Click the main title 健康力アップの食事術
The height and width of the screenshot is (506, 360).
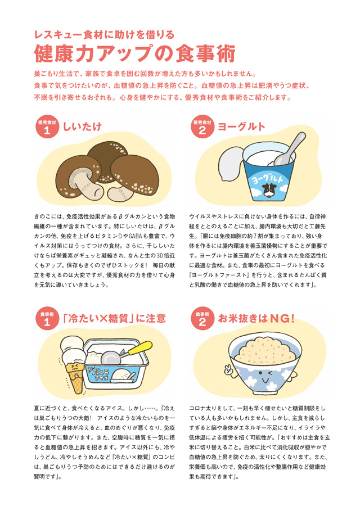tap(134, 53)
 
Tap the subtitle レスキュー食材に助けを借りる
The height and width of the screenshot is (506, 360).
tap(104, 34)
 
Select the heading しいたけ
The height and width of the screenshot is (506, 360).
tap(82, 126)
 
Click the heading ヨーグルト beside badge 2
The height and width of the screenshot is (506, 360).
tap(241, 126)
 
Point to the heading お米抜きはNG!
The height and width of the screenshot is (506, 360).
tap(256, 319)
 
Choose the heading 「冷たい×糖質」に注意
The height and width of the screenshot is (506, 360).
tap(114, 319)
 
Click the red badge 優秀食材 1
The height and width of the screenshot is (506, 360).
tap(47, 127)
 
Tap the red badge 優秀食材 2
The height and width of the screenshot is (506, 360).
tap(202, 127)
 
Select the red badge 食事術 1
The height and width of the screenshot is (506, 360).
tap(47, 319)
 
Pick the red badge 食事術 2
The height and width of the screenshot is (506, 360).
tap(202, 319)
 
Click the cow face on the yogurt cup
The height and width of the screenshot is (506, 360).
tap(269, 190)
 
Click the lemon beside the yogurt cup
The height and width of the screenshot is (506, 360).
tap(230, 163)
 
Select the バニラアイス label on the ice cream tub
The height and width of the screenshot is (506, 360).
tap(101, 374)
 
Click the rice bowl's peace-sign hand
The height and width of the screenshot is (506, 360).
tap(229, 369)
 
